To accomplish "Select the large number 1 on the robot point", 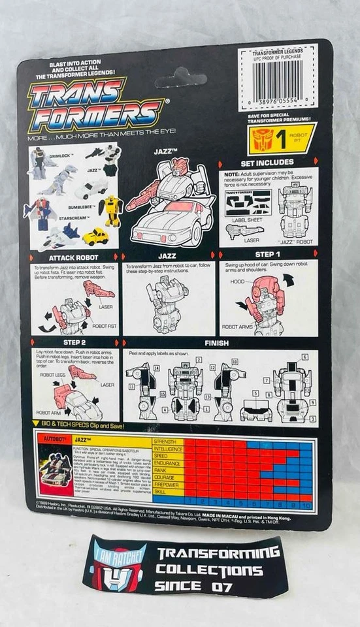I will point(282,138).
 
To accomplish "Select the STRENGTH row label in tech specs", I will point(166,442).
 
